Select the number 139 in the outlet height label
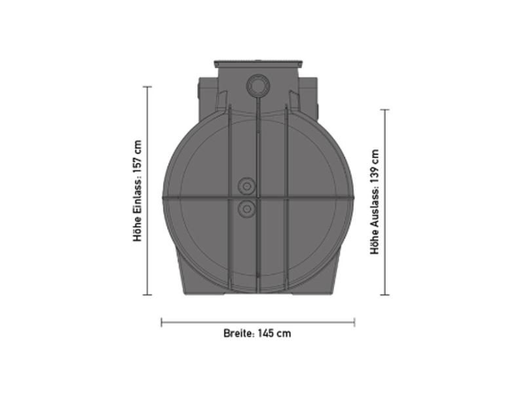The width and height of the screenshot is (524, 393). tap(374, 161)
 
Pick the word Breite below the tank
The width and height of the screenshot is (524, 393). tap(237, 333)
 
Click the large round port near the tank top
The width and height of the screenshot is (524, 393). tap(257, 85)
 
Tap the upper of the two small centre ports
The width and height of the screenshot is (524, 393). tap(247, 187)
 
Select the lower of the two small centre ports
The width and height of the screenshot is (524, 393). tap(247, 209)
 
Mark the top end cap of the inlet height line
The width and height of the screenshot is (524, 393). tap(147, 86)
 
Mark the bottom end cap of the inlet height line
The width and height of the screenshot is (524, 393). tap(147, 295)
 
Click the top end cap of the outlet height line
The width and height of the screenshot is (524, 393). tap(385, 110)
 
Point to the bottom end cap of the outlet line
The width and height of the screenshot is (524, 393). tap(385, 295)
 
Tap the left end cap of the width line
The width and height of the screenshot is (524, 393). tap(162, 322)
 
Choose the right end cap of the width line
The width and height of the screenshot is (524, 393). tap(354, 322)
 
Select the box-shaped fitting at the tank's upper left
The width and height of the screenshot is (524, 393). tap(206, 91)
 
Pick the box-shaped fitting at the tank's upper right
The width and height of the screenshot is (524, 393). tap(309, 91)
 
